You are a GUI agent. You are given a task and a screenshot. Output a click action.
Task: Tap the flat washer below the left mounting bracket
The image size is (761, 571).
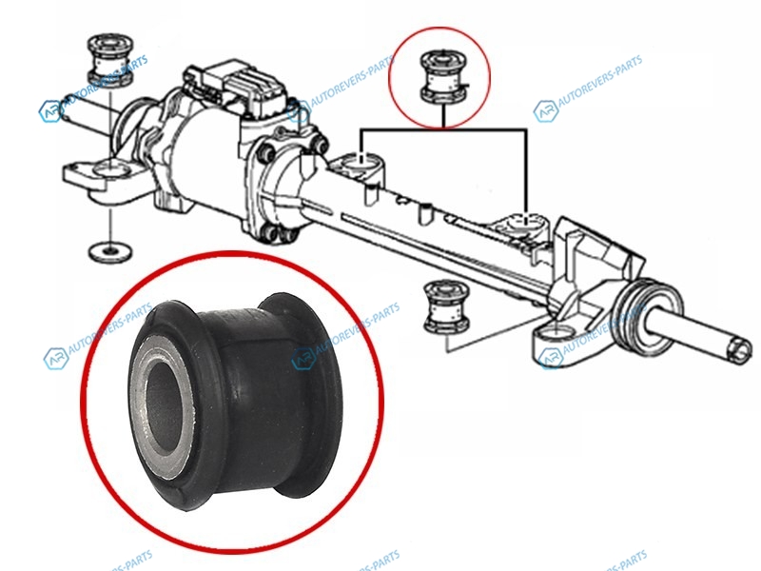click(x=111, y=251)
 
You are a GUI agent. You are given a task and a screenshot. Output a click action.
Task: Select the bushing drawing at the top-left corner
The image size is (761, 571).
click(x=110, y=61)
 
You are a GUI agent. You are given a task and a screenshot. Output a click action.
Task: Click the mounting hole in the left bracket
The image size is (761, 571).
click(x=111, y=169)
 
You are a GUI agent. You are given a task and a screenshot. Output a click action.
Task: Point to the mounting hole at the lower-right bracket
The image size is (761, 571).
click(x=556, y=334)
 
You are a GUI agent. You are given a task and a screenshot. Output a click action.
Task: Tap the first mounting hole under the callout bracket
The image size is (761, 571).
click(x=361, y=159)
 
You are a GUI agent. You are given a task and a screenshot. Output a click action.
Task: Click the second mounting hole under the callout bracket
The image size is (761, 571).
click(x=527, y=222)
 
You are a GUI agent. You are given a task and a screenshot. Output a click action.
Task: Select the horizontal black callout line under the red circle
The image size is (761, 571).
click(x=443, y=129)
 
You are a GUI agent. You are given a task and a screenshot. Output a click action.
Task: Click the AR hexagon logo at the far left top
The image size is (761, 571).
click(x=50, y=111)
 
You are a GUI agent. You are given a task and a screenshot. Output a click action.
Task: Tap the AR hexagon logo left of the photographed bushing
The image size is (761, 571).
click(x=55, y=359)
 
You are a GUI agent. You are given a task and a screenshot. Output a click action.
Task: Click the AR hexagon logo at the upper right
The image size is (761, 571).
click(x=545, y=111)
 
